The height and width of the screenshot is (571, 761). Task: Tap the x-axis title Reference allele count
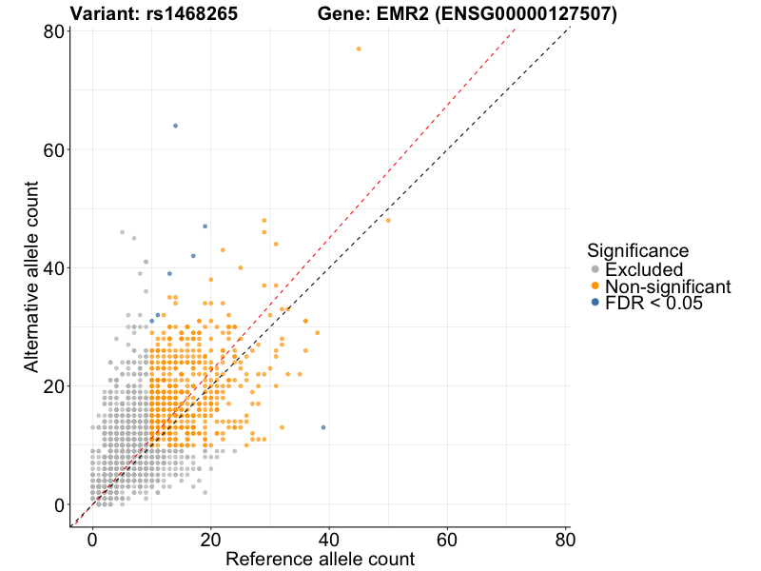(x=320, y=559)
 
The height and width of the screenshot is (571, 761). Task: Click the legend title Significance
(x=637, y=251)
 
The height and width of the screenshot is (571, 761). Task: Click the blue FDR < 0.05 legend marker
(x=595, y=304)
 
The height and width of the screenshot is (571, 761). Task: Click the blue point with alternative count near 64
(x=175, y=126)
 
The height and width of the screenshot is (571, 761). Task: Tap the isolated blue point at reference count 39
(x=323, y=427)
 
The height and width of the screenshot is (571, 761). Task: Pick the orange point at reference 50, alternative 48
(x=388, y=221)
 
